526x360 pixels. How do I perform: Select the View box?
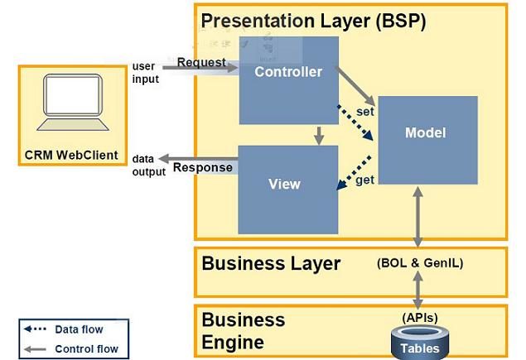pos(287,188)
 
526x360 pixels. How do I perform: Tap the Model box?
pos(427,140)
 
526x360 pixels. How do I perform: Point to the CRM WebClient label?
pos(70,155)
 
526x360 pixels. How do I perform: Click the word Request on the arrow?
pos(201,62)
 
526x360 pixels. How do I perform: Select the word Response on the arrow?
pos(202,167)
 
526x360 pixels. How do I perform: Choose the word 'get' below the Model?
pos(365,180)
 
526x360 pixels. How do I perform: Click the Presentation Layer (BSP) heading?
pos(313,21)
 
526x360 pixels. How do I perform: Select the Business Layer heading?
pos(271,264)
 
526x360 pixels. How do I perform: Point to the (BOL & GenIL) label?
pos(419,264)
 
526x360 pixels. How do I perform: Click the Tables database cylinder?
pos(419,341)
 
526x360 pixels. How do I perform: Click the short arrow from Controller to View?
pos(318,135)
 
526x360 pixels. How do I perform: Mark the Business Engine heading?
pos(244,330)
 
